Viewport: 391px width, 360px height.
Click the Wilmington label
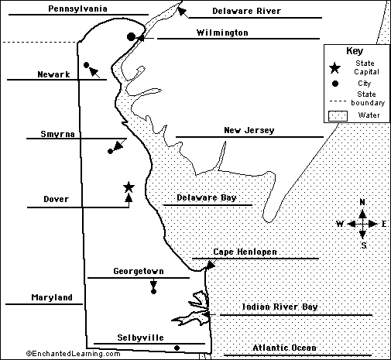click(222, 33)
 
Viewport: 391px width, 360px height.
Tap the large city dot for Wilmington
click(131, 37)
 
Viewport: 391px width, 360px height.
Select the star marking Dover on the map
click(129, 187)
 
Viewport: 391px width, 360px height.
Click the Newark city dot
click(87, 65)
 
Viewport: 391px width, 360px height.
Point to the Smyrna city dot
click(110, 151)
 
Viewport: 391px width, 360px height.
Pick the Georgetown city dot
click(153, 292)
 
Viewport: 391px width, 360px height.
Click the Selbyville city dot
click(177, 348)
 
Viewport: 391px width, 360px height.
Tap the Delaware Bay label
click(207, 198)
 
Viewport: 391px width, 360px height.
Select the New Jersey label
click(249, 130)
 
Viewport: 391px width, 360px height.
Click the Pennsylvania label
click(77, 9)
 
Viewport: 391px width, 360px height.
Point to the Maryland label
click(52, 297)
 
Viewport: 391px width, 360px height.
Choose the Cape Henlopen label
click(245, 252)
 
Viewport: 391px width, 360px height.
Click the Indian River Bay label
click(280, 307)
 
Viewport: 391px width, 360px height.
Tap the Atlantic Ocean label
click(284, 348)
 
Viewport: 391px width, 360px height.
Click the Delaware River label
click(246, 11)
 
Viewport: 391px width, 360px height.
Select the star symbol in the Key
click(335, 68)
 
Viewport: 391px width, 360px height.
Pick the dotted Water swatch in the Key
click(338, 116)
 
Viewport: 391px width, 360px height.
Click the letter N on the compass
click(362, 202)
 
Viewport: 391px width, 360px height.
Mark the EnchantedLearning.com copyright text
click(73, 354)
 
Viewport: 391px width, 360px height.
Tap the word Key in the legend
click(355, 51)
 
